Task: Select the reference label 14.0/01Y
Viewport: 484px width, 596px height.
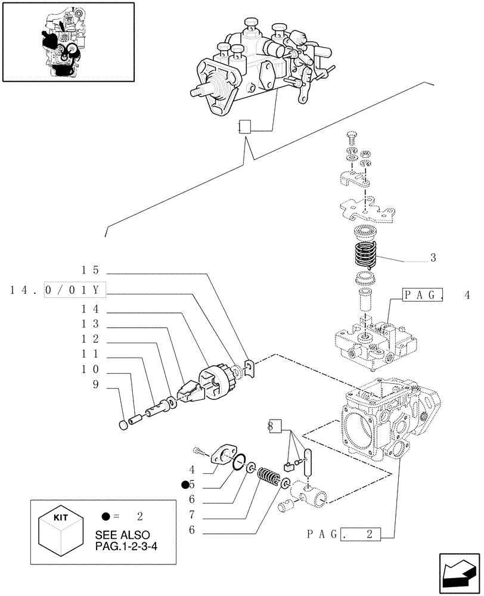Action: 58,290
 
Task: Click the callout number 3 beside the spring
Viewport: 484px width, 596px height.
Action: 433,258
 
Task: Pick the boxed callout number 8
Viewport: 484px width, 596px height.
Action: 274,426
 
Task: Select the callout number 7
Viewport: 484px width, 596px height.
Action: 191,514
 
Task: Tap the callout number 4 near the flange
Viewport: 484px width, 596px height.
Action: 191,469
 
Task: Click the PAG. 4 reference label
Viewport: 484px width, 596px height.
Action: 435,295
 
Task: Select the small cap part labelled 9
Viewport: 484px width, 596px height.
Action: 124,425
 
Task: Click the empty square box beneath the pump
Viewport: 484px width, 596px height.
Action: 244,126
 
